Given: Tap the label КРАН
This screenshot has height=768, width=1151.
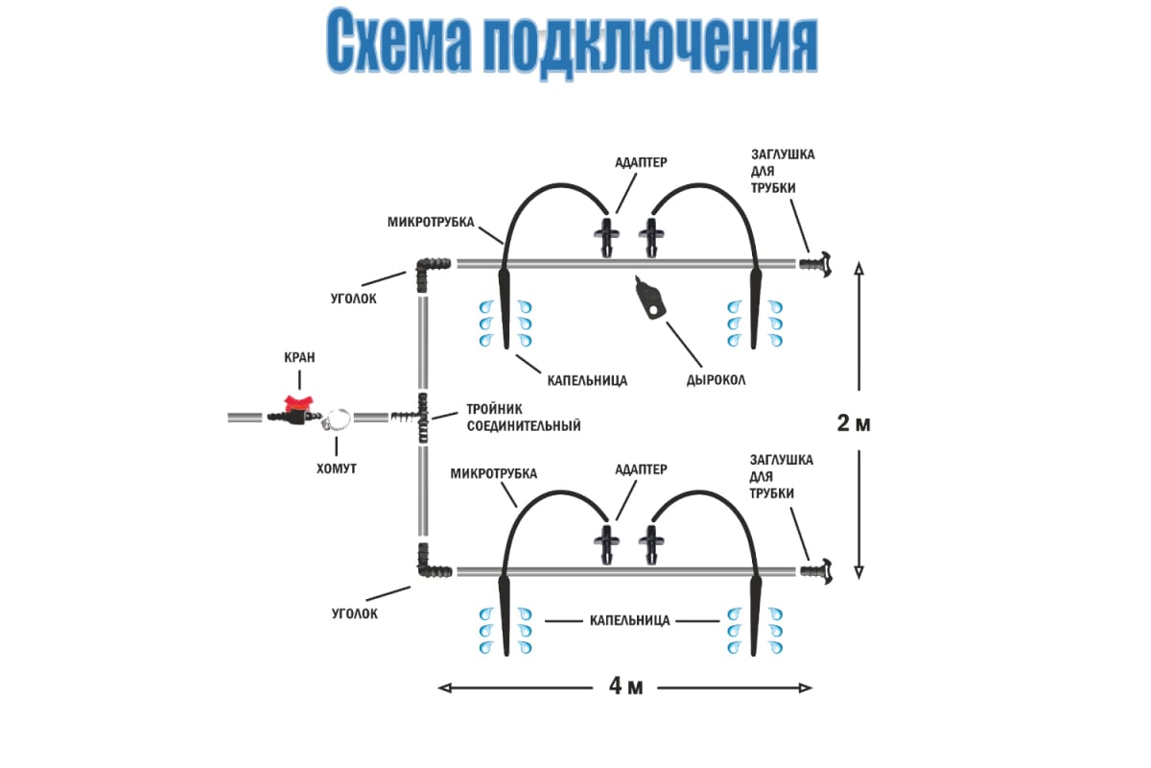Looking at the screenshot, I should click(x=298, y=357).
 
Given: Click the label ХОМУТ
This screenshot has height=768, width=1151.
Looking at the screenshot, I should click(x=338, y=469).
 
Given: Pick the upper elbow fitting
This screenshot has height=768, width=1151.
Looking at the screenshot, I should click(x=430, y=266).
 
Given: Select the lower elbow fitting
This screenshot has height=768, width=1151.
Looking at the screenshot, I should click(x=430, y=566).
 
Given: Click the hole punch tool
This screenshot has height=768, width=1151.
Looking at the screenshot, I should click(x=651, y=299).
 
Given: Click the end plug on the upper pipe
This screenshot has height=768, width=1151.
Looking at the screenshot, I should click(x=814, y=263).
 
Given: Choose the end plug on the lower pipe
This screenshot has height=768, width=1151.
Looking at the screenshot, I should click(x=814, y=571).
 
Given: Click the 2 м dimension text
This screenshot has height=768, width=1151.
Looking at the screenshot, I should click(x=854, y=423).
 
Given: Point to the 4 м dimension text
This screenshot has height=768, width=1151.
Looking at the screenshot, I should click(x=624, y=686).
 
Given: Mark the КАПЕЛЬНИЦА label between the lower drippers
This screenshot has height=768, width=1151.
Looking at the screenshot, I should click(x=628, y=620).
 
